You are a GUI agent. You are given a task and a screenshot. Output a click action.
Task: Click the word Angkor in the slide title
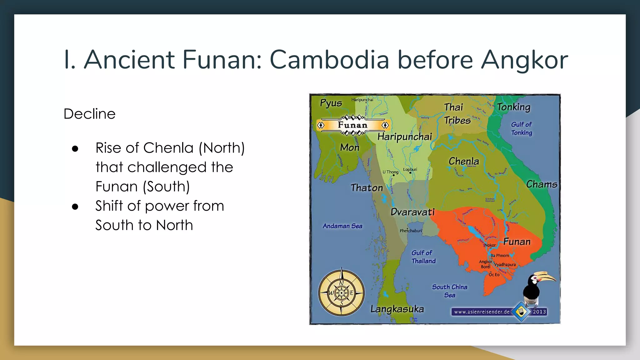point(524,60)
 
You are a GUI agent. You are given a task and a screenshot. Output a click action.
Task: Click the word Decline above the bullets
point(89,114)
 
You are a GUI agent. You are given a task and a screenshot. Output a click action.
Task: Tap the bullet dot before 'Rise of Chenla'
point(75,148)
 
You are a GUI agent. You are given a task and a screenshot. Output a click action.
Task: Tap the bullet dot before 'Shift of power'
point(75,207)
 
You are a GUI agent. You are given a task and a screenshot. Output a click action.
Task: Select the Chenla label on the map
point(464,161)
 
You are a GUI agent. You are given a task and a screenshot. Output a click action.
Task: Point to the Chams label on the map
point(542,184)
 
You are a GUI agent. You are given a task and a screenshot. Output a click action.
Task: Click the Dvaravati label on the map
point(412,212)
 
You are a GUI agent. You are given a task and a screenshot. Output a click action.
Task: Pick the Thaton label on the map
point(367,188)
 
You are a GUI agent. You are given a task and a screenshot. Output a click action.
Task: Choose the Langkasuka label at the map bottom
point(397,309)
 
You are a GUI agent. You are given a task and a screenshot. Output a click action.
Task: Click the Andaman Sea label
point(342,226)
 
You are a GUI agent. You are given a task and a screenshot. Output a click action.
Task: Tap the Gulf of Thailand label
point(423,257)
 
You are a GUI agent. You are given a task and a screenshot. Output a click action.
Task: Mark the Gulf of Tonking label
point(521,128)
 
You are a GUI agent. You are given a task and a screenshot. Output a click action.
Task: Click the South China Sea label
point(450,291)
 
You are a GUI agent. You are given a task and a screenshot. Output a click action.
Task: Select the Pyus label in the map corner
point(331,103)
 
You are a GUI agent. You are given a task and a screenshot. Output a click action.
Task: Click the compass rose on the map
point(342,293)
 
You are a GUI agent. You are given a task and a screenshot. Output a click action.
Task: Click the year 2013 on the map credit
point(539,312)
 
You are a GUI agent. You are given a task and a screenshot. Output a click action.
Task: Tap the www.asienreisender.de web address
point(482,312)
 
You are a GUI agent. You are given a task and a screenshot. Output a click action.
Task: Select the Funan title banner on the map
point(353,125)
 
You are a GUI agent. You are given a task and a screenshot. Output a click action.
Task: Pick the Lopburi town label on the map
point(410,170)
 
